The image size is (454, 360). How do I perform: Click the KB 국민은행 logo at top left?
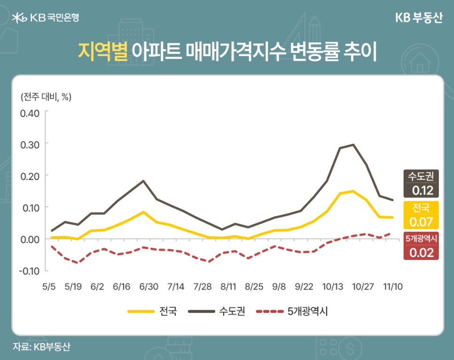click(46, 18)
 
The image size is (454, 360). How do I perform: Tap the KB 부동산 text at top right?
click(419, 18)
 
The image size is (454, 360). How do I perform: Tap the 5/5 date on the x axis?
click(49, 286)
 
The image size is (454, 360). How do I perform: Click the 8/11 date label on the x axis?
click(228, 286)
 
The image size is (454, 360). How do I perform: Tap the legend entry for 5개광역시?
click(291, 311)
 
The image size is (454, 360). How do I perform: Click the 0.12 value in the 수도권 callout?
click(422, 191)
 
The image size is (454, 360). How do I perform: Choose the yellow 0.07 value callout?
click(422, 221)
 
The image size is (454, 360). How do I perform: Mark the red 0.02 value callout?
click(422, 252)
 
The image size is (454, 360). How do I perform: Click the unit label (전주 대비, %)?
click(46, 97)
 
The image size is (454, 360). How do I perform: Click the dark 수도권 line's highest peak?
click(353, 145)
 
